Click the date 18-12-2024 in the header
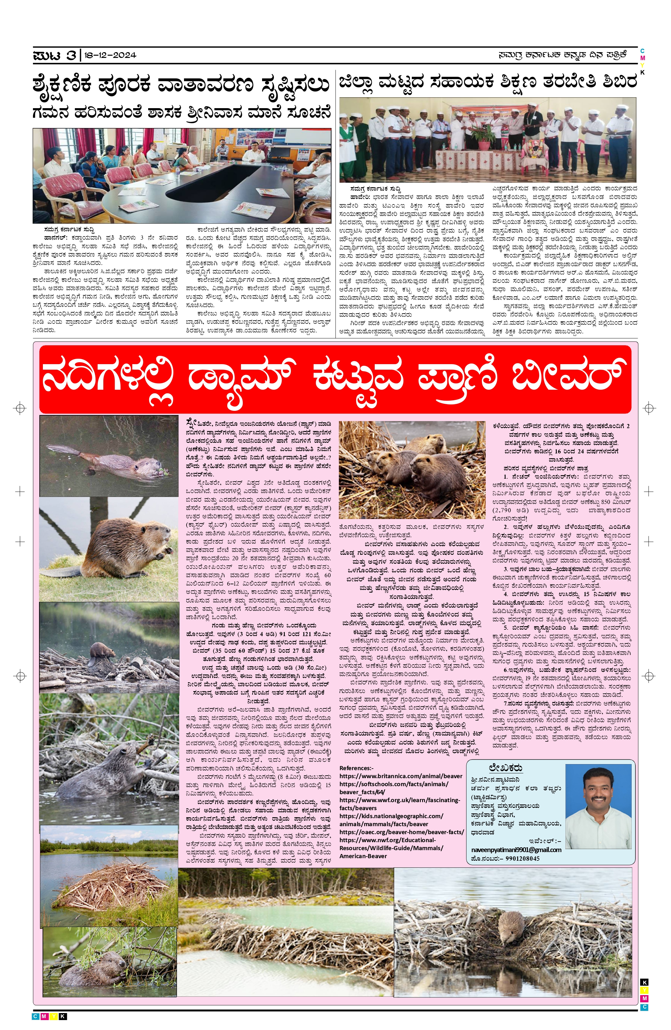[x=110, y=55]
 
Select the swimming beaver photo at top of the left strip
[x=109, y=456]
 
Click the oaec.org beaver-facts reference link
[x=401, y=832]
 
